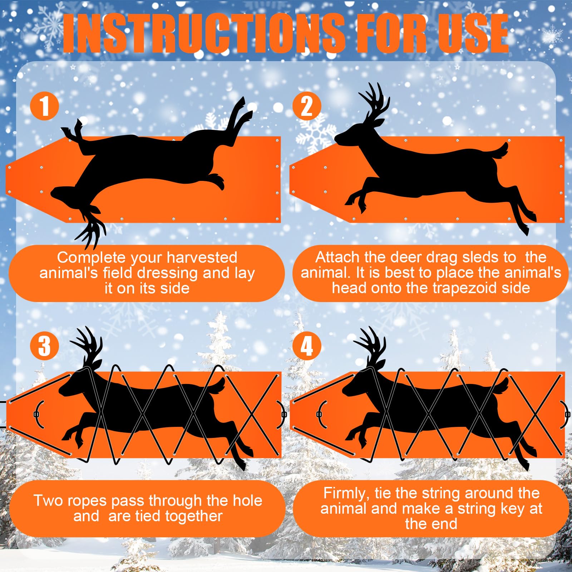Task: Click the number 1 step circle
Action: pyautogui.click(x=44, y=106)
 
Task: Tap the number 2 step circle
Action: pyautogui.click(x=307, y=106)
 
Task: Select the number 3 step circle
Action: pyautogui.click(x=44, y=346)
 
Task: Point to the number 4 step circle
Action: pyautogui.click(x=307, y=346)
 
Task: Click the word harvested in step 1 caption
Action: pyautogui.click(x=202, y=258)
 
